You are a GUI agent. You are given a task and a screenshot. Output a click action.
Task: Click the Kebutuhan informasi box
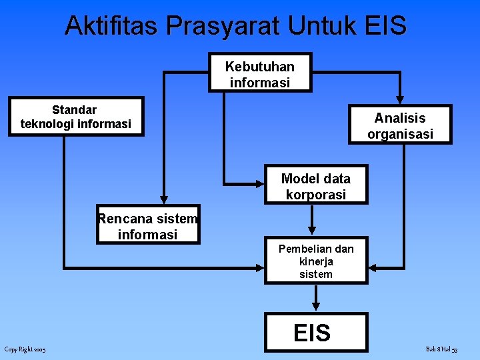tap(260, 72)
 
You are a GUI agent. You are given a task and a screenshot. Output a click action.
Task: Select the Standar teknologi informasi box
tap(76, 117)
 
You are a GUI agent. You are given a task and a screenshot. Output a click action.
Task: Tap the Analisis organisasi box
tap(400, 125)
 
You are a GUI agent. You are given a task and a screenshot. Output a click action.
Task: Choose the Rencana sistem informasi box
tap(147, 225)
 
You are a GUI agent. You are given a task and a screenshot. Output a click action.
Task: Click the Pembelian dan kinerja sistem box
tap(316, 261)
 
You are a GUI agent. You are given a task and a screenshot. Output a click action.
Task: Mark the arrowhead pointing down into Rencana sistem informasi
tap(163, 199)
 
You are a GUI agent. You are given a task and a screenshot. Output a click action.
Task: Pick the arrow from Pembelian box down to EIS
tap(316, 297)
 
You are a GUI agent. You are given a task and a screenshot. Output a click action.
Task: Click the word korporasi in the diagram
tap(316, 195)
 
